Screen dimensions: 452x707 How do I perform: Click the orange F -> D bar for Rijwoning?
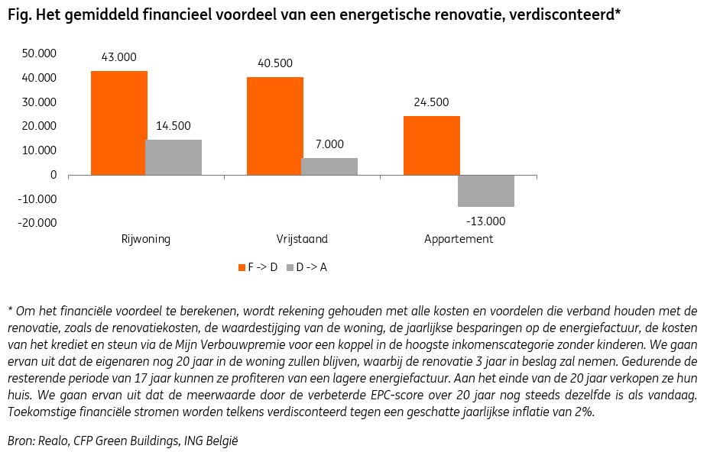(118, 123)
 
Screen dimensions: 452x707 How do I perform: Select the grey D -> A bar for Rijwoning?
(174, 157)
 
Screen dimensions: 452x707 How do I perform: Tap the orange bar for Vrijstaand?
(274, 126)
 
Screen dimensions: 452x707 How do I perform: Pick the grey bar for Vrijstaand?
(329, 166)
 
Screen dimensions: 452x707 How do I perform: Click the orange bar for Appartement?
(432, 145)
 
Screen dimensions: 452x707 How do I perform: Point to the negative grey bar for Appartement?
(486, 191)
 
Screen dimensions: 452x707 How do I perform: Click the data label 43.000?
(118, 57)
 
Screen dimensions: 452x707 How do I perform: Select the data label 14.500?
(173, 126)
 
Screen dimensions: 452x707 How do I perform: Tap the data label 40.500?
(274, 63)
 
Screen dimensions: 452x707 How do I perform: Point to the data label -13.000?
(486, 221)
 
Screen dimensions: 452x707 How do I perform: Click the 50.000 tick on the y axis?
(39, 53)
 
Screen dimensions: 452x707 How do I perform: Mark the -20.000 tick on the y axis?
(37, 223)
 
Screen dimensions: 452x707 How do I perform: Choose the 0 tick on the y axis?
(53, 175)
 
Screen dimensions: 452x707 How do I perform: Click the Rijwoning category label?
(145, 239)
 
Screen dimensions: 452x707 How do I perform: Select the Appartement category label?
(459, 239)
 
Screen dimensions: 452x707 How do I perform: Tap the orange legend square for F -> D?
(241, 267)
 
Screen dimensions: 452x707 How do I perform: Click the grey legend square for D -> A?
(290, 267)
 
